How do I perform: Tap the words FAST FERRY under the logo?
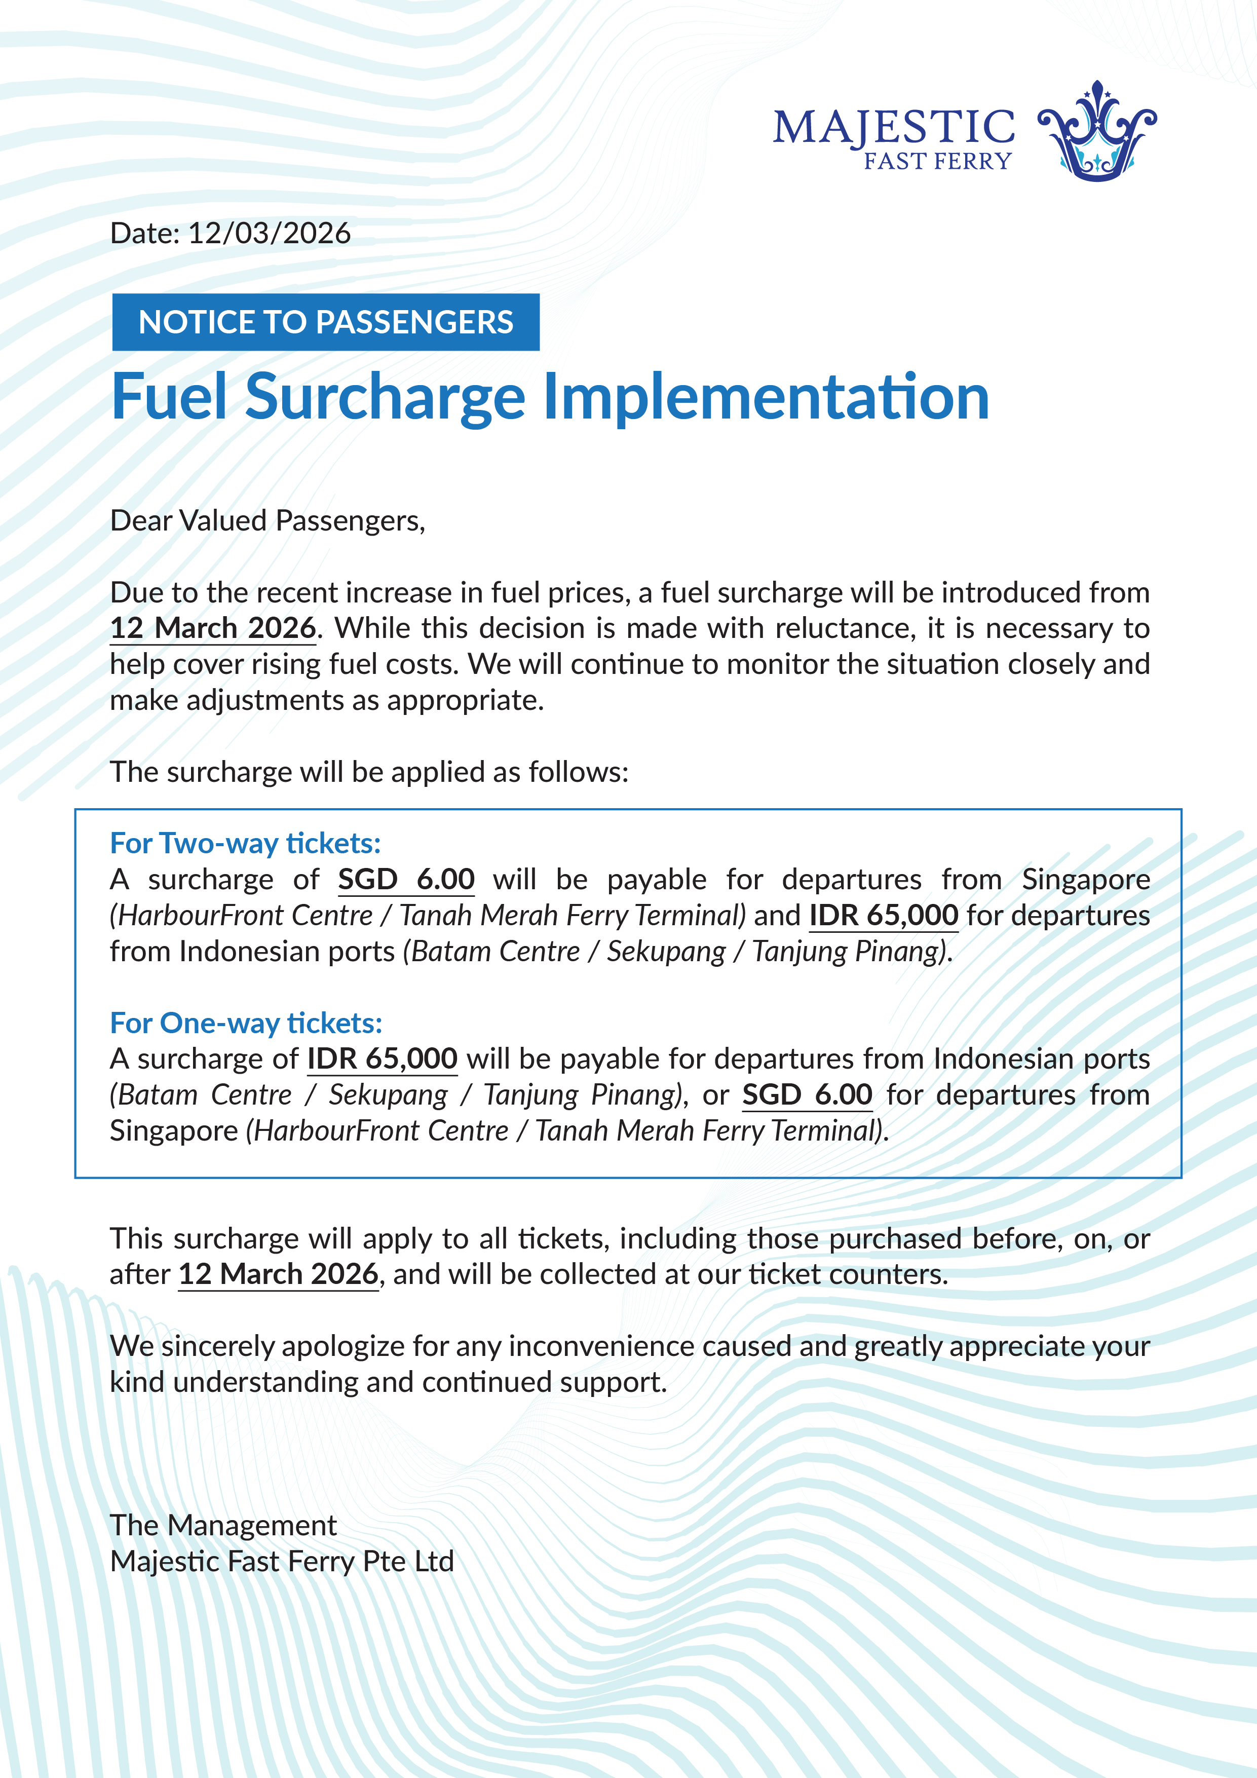(x=938, y=162)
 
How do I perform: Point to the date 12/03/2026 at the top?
(x=269, y=233)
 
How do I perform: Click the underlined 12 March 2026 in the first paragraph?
(x=213, y=628)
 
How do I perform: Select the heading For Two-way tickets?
(x=246, y=843)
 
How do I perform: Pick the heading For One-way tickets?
(x=246, y=1023)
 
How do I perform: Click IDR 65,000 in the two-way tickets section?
(x=884, y=915)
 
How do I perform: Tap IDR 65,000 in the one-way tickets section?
(x=383, y=1058)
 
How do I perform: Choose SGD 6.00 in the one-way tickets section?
(x=807, y=1095)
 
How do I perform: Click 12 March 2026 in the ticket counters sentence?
(x=278, y=1274)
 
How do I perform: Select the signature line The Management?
(x=223, y=1526)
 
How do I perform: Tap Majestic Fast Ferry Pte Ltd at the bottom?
(x=282, y=1561)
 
